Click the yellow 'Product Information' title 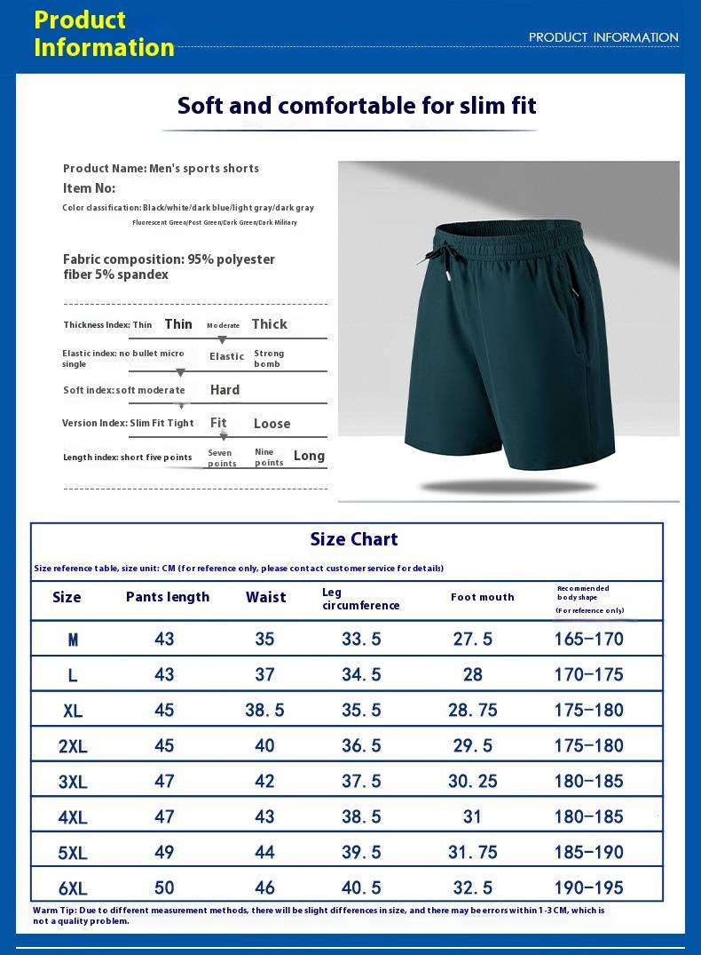pyautogui.click(x=103, y=34)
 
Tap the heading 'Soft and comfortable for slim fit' pyautogui.click(x=357, y=105)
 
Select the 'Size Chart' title pyautogui.click(x=353, y=539)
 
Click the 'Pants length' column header pyautogui.click(x=168, y=597)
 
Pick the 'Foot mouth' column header pyautogui.click(x=482, y=597)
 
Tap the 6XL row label pyautogui.click(x=73, y=887)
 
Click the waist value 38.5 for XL pyautogui.click(x=264, y=710)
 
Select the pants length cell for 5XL pyautogui.click(x=164, y=852)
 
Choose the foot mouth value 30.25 pyautogui.click(x=472, y=781)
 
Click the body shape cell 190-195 pyautogui.click(x=588, y=887)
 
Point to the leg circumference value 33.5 pyautogui.click(x=361, y=639)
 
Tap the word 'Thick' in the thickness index pyautogui.click(x=269, y=324)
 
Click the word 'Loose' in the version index pyautogui.click(x=272, y=424)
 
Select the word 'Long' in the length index pyautogui.click(x=309, y=456)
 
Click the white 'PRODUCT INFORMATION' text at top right pyautogui.click(x=603, y=37)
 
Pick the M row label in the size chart pyautogui.click(x=73, y=639)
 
